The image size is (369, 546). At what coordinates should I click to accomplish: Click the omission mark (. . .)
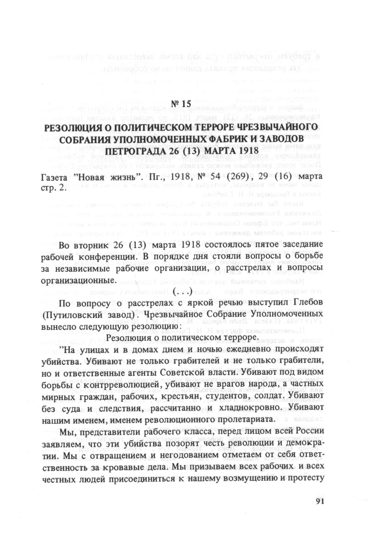pyautogui.click(x=182, y=292)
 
